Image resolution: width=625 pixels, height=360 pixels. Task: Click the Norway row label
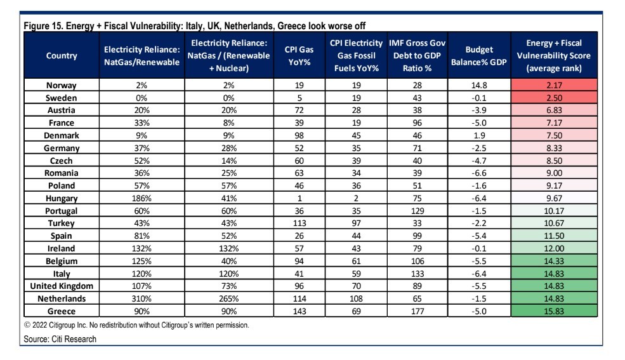click(61, 85)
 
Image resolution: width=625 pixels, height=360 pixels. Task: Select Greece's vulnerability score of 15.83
click(554, 311)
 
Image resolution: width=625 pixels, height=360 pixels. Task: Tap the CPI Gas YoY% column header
click(299, 56)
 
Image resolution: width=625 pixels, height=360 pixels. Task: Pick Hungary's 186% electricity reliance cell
click(141, 198)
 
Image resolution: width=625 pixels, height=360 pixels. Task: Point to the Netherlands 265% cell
click(229, 298)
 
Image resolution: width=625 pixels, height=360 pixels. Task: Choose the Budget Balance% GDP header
click(478, 56)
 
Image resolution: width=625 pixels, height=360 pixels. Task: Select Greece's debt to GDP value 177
click(418, 311)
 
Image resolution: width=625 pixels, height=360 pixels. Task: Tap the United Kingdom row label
click(62, 286)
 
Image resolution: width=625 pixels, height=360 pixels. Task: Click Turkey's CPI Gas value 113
click(299, 223)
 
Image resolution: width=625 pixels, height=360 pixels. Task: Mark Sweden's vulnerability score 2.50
click(554, 98)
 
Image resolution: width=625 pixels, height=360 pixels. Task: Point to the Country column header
click(62, 56)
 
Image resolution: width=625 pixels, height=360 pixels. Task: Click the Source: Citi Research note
click(60, 339)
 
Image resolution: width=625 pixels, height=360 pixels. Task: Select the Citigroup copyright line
click(136, 325)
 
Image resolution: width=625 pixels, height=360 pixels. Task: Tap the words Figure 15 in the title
click(43, 26)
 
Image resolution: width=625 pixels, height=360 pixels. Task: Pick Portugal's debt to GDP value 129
click(418, 211)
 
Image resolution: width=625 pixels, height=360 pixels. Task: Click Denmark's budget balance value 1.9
click(479, 135)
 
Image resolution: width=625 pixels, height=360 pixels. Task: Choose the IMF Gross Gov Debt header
click(417, 56)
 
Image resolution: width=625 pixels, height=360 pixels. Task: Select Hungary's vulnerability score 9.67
click(554, 198)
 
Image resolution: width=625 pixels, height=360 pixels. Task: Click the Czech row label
click(61, 161)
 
